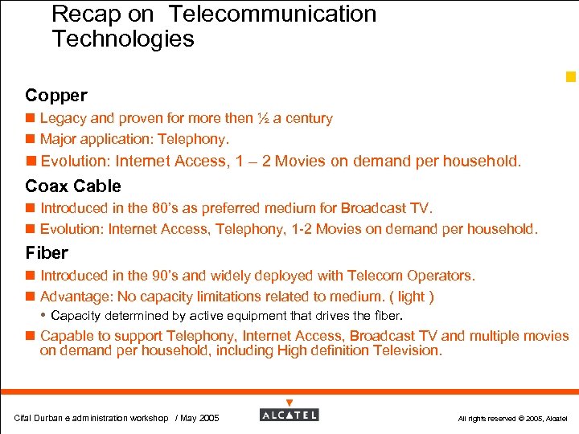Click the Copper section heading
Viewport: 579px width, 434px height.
click(x=55, y=96)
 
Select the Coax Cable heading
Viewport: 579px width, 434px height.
click(x=73, y=186)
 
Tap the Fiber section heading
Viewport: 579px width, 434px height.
click(x=47, y=253)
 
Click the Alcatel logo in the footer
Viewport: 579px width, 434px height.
click(x=289, y=414)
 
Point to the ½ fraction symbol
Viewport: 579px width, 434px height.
click(x=262, y=119)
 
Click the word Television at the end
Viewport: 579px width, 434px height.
click(x=404, y=350)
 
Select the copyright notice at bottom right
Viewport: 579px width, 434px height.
click(x=512, y=419)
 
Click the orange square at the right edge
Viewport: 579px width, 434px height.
click(x=571, y=77)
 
